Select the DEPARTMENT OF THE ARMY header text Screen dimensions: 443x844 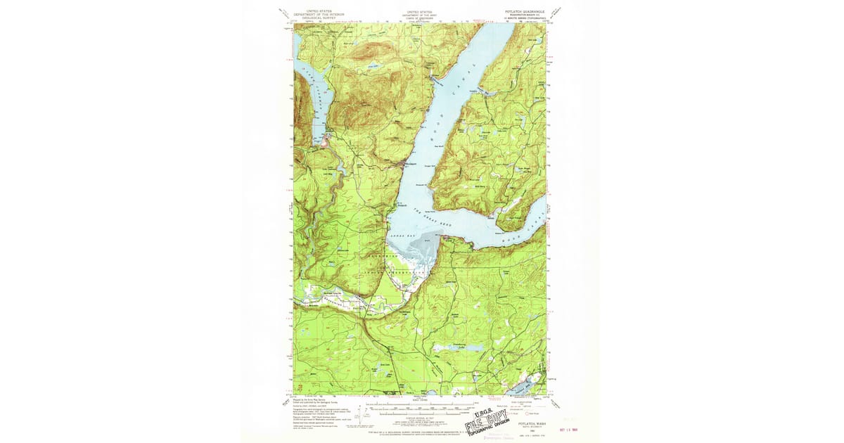(420, 14)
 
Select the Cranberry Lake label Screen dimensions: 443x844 (459, 346)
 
